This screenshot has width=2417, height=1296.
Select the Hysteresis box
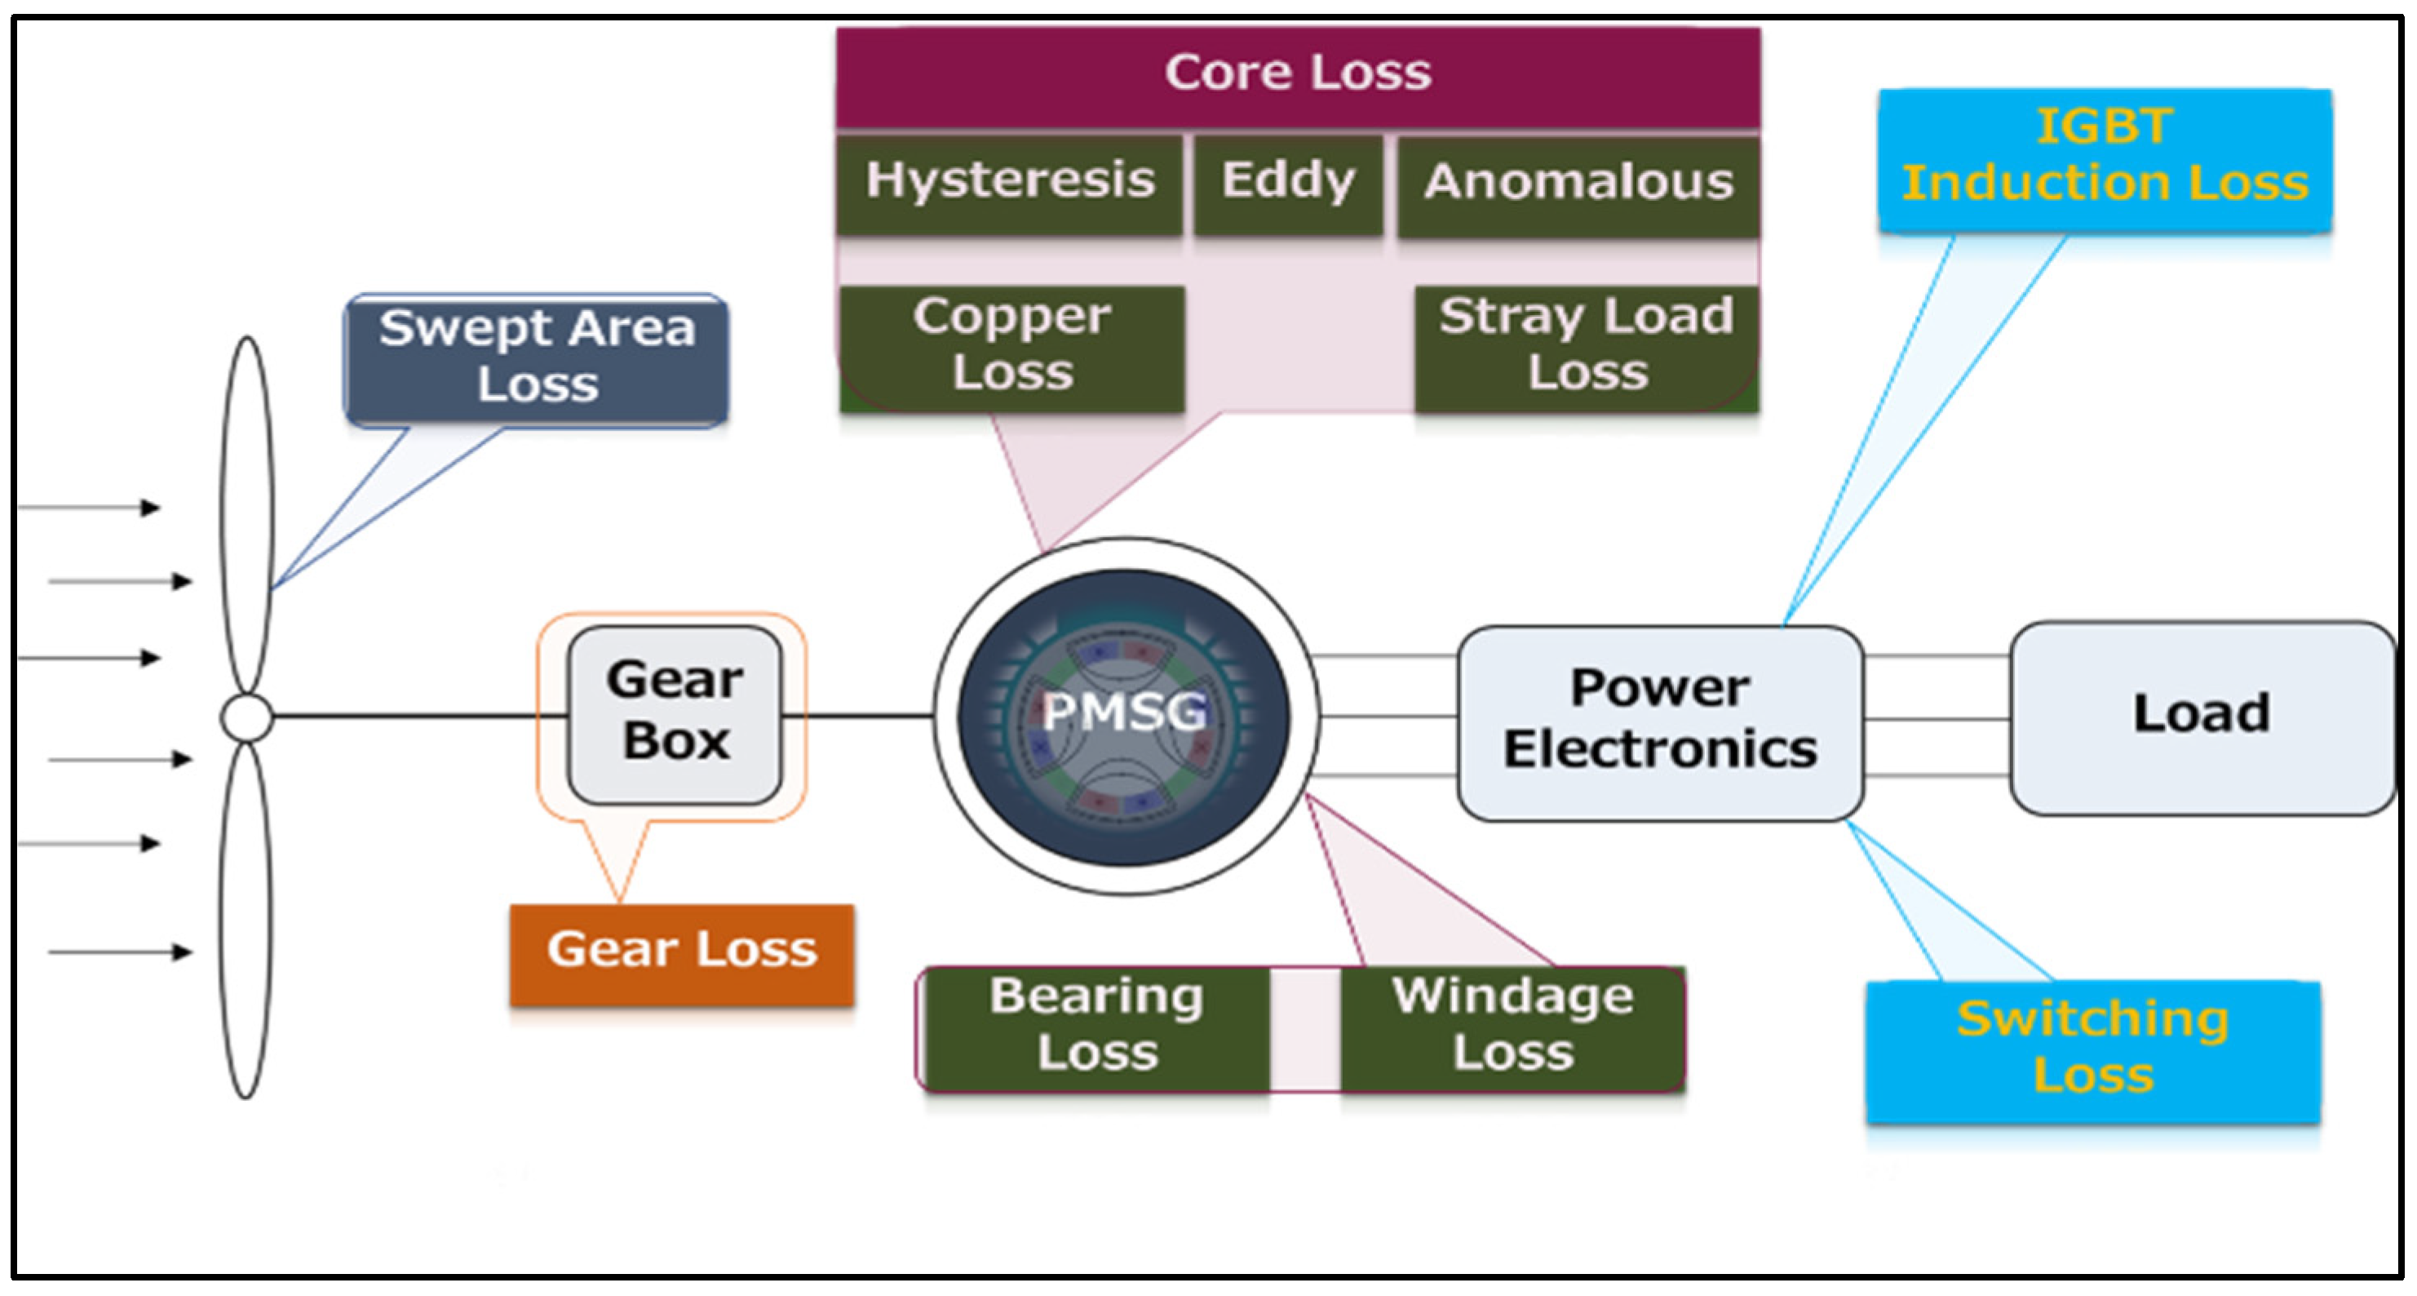click(x=1010, y=182)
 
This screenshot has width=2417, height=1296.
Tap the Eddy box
click(x=1287, y=182)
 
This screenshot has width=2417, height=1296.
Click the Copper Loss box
click(x=1012, y=346)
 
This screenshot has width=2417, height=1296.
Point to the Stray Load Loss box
click(x=1587, y=346)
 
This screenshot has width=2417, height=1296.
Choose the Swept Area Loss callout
click(x=537, y=358)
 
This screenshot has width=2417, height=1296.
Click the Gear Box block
click(x=675, y=713)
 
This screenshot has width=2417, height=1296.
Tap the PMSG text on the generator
click(x=1124, y=712)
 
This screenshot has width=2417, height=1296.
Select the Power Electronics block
click(x=1659, y=721)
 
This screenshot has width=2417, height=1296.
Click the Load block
click(x=2201, y=716)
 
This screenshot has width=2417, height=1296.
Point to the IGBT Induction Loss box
click(x=2105, y=158)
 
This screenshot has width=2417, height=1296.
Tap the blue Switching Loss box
click(x=2092, y=1050)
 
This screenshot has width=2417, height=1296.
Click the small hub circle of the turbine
click(x=247, y=718)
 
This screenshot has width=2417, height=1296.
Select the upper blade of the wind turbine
click(x=248, y=516)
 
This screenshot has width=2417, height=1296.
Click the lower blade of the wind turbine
click(x=246, y=920)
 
